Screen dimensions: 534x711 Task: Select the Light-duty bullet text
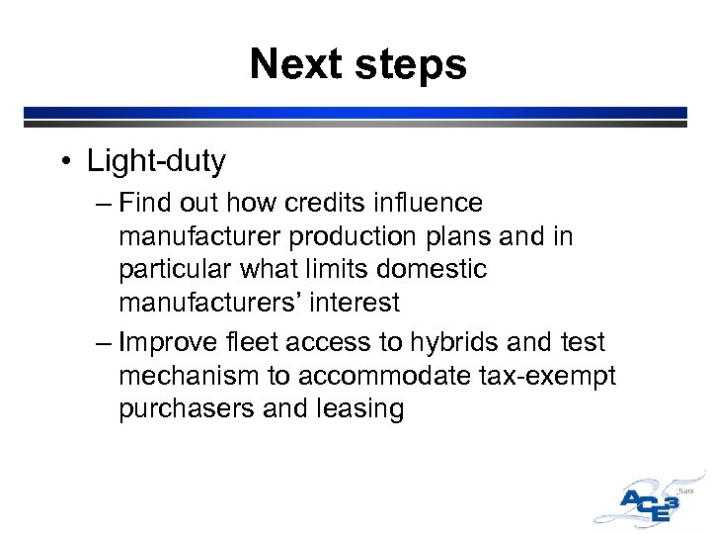coord(156,160)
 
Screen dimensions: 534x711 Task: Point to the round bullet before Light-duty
coord(68,160)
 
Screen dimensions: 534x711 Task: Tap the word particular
coord(179,269)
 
